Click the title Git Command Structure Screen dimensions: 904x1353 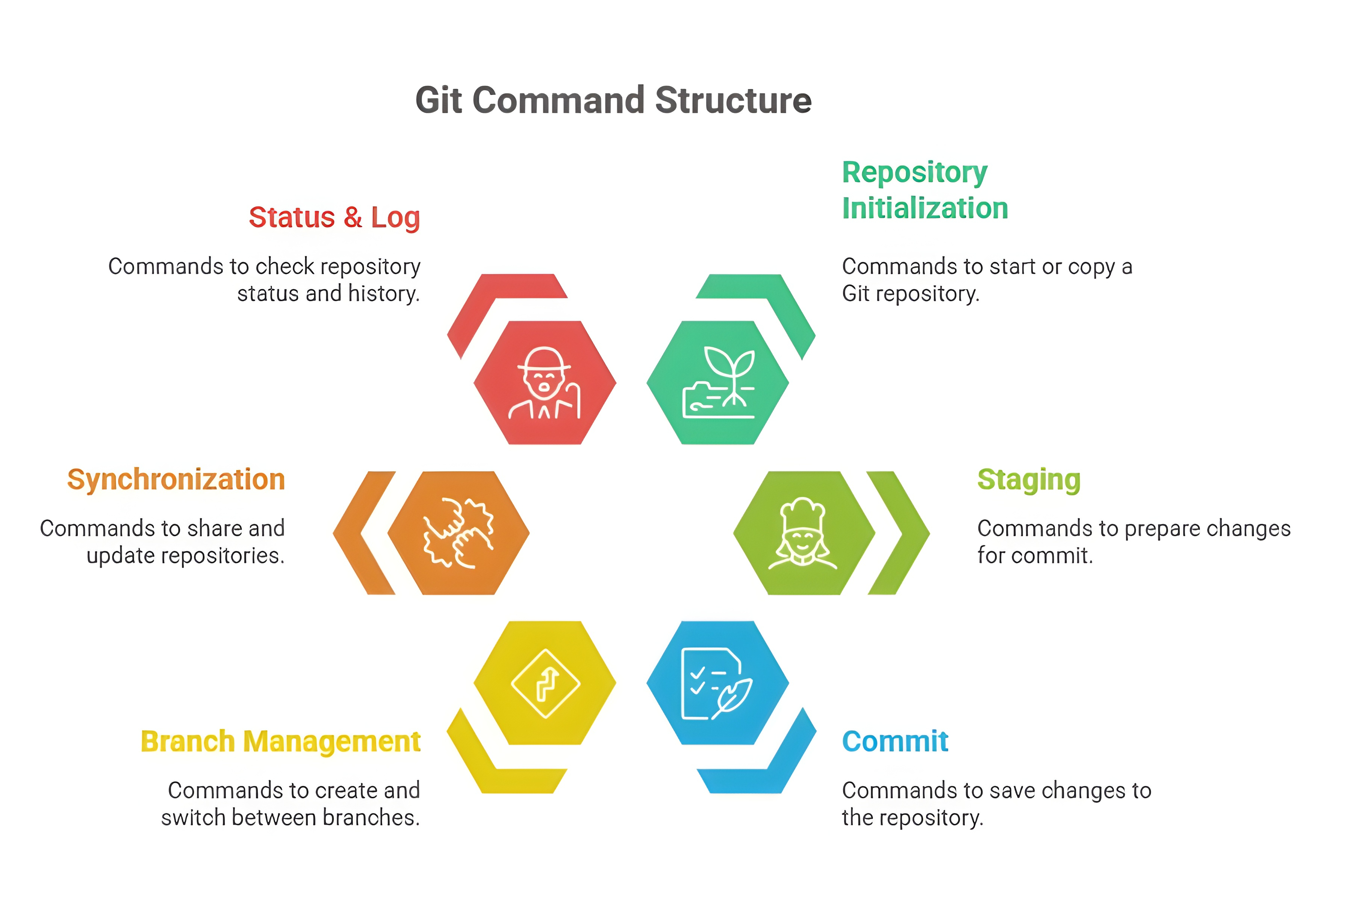613,100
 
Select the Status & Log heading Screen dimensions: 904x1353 334,218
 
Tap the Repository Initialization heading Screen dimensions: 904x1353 924,190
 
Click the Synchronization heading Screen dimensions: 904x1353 176,480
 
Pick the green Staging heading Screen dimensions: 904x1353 1029,480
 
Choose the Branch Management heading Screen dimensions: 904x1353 281,742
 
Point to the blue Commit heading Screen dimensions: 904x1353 894,742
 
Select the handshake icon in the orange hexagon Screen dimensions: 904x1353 459,533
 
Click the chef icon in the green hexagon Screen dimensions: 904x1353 803,533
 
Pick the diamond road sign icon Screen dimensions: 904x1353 545,684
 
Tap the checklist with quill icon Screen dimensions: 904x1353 716,684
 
